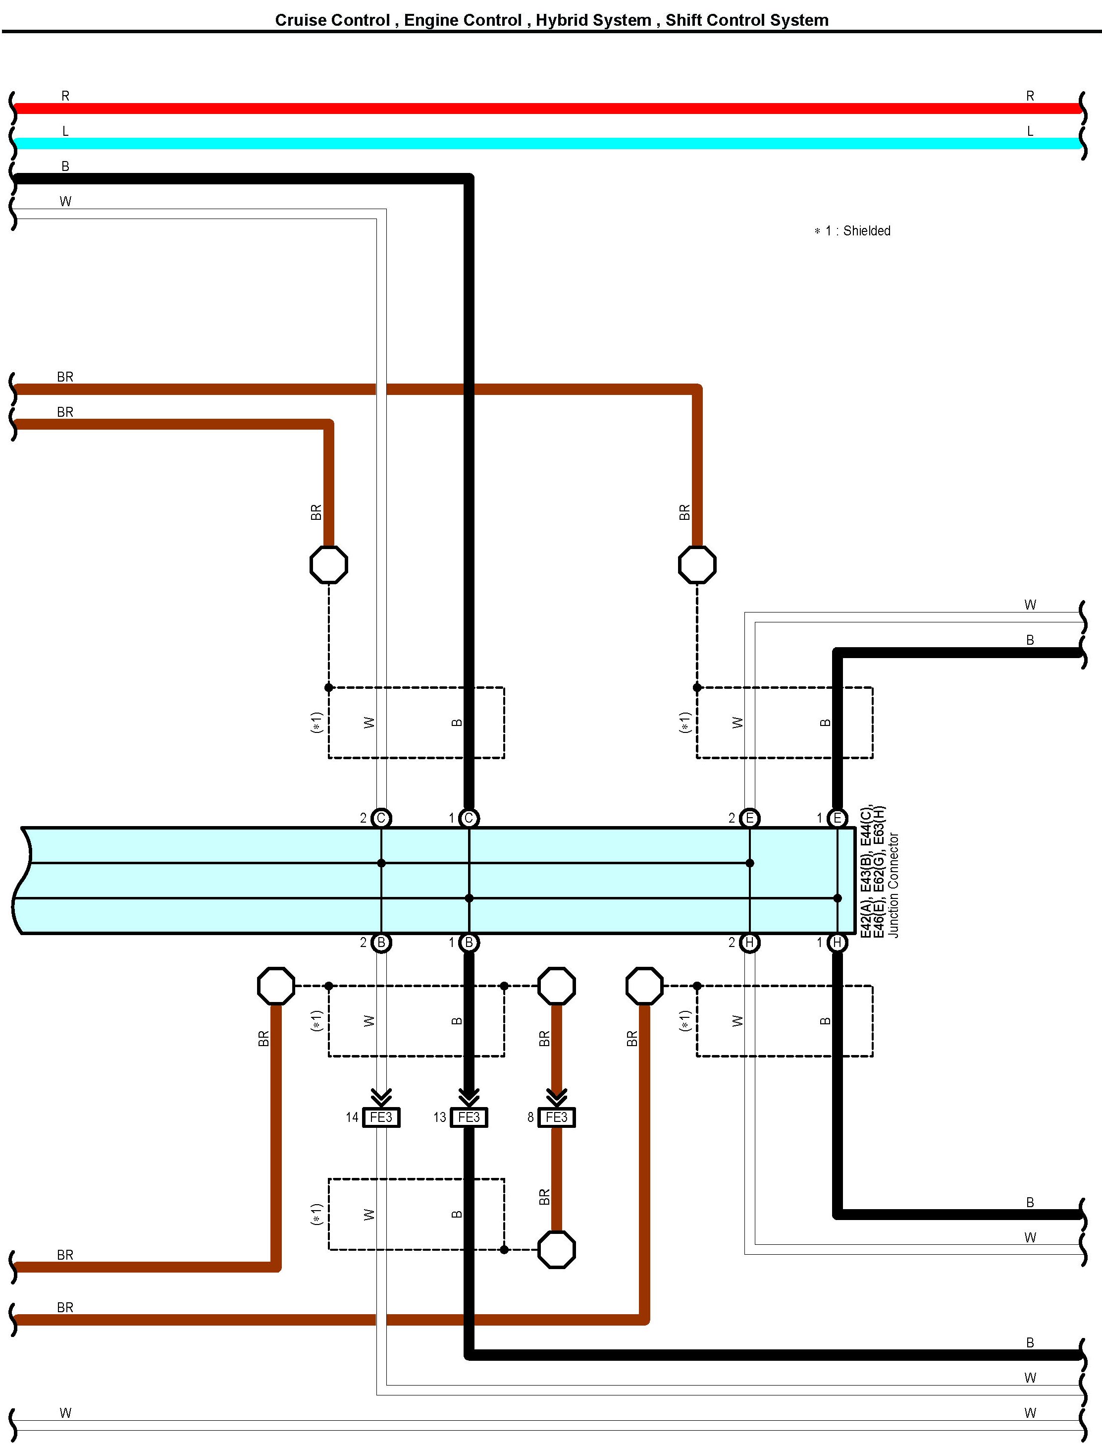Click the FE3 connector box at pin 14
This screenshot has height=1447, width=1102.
point(381,1117)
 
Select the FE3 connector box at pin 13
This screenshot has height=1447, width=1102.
point(469,1117)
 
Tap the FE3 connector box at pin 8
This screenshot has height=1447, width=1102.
point(556,1117)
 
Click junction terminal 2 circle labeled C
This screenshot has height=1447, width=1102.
point(381,818)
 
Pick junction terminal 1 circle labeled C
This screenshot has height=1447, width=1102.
point(469,818)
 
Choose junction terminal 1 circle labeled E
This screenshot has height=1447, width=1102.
point(837,818)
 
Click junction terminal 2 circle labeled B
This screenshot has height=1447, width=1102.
point(381,943)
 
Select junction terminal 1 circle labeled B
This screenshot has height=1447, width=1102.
point(469,943)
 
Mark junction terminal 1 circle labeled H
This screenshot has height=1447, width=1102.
point(837,943)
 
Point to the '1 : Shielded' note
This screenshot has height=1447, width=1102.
point(857,231)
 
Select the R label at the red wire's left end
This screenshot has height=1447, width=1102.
point(65,96)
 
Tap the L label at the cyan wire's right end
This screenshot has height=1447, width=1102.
point(1030,131)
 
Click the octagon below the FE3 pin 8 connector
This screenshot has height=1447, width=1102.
point(556,1249)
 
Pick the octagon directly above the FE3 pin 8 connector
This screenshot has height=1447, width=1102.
point(556,986)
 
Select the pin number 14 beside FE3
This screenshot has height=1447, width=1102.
point(352,1117)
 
